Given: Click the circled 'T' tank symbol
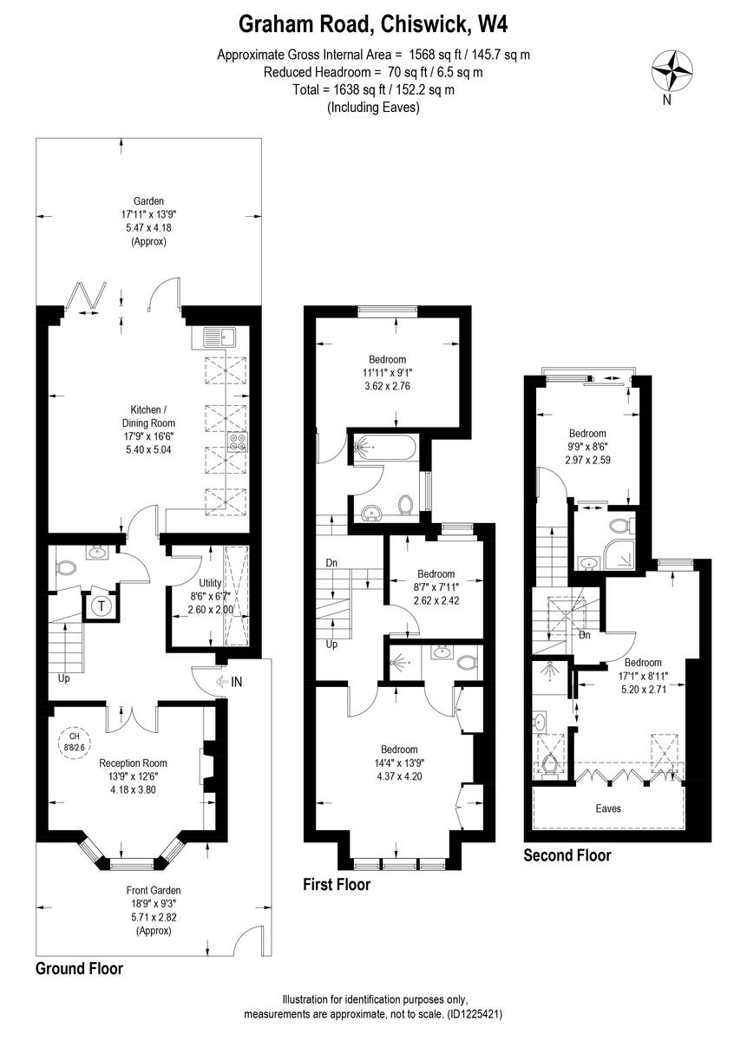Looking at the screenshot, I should (x=100, y=606).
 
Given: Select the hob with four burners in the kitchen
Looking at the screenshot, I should (x=237, y=442).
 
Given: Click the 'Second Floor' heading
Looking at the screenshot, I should (x=567, y=855).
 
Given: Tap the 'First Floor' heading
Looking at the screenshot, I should (x=336, y=885).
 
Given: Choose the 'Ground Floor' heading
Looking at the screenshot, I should (x=79, y=968).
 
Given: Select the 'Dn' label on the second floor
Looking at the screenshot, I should (x=585, y=634).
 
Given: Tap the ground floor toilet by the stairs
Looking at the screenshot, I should (x=65, y=569).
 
